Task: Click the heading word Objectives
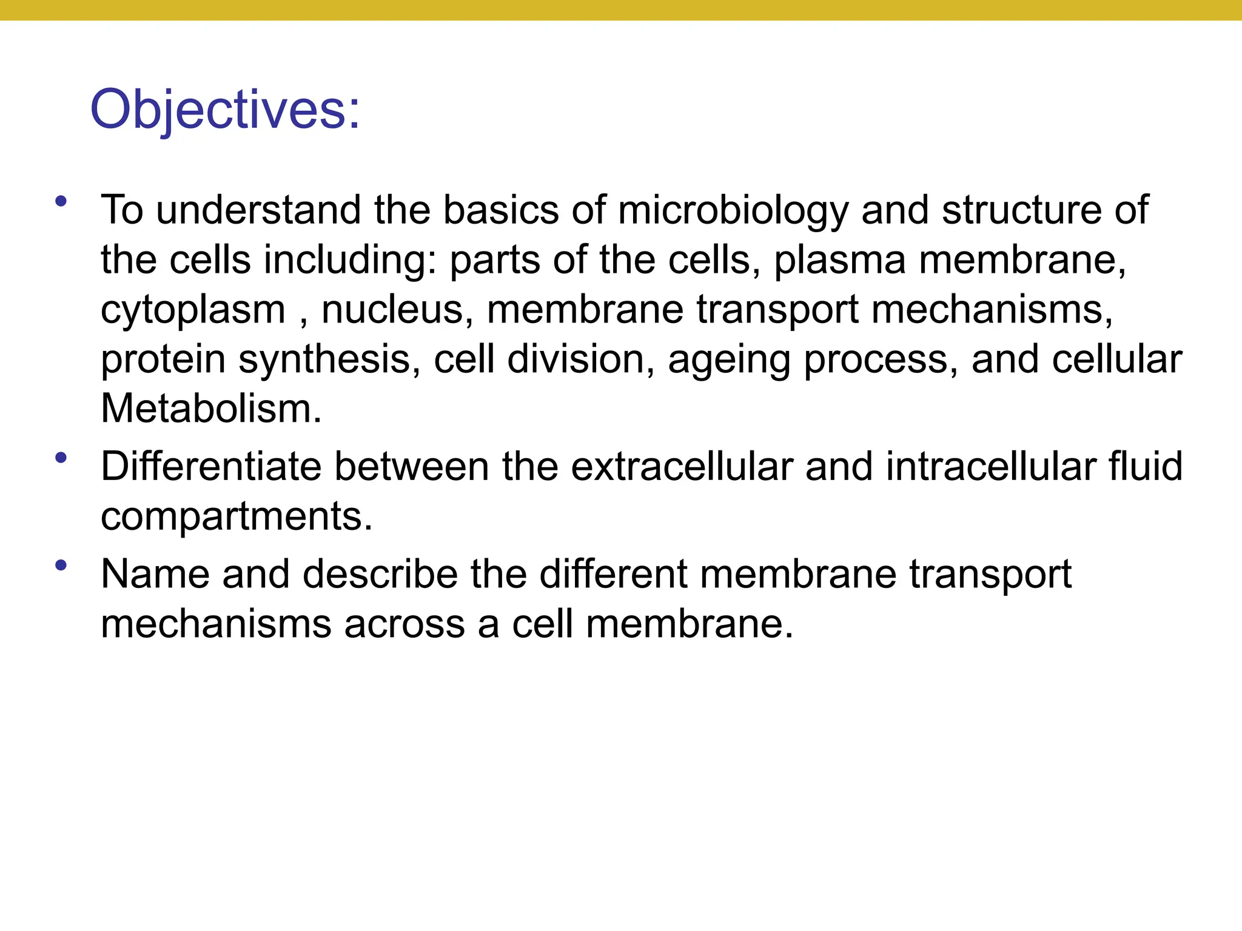pos(224,110)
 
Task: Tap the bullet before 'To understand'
pos(60,201)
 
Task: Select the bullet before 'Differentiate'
pos(60,458)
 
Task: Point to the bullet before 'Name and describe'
pos(60,566)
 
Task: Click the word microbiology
pos(733,210)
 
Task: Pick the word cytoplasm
pos(193,310)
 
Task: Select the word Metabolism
pos(211,409)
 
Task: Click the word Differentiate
pos(211,467)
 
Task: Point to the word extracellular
pos(682,467)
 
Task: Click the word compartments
pos(237,517)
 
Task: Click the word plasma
pos(839,260)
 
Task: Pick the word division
pos(581,359)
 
